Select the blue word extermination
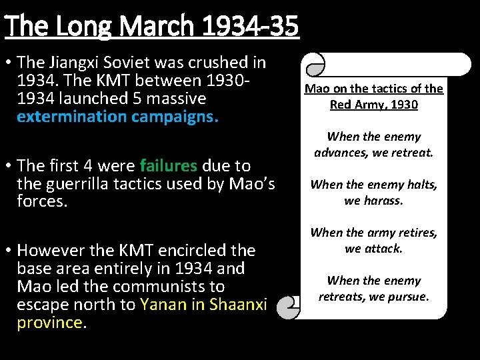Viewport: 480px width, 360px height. pyautogui.click(x=72, y=117)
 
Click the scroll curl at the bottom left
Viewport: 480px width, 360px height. pyautogui.click(x=288, y=308)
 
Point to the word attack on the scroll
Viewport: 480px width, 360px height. pyautogui.click(x=384, y=248)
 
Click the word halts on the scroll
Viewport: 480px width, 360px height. pyautogui.click(x=422, y=185)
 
